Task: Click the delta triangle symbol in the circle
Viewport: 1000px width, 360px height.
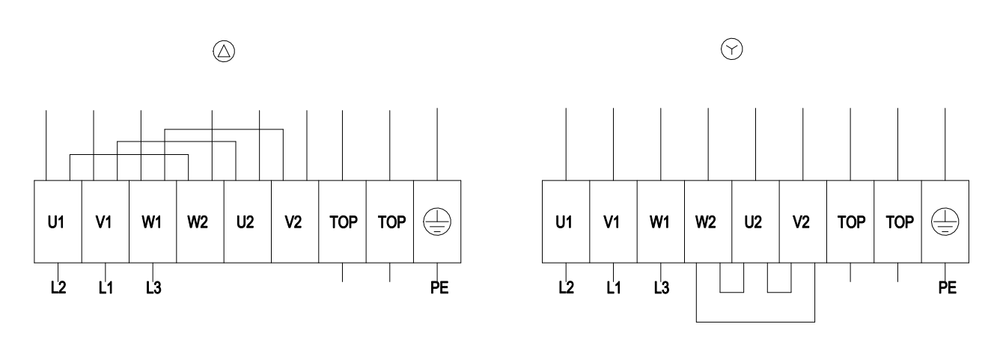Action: coord(224,52)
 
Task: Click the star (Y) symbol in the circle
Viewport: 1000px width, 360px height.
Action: coord(732,49)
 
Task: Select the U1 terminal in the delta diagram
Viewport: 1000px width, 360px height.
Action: coord(58,222)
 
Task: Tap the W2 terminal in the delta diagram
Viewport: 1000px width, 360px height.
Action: coord(200,222)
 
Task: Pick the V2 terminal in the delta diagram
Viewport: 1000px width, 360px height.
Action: coord(295,222)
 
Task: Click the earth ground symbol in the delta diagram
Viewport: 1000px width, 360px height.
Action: coord(437,222)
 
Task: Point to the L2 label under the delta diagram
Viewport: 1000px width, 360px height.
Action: coord(58,287)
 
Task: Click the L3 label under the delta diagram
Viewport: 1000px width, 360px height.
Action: coord(153,287)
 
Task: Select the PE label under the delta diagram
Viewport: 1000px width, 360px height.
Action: coord(439,287)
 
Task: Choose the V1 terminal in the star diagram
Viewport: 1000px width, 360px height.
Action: coord(613,222)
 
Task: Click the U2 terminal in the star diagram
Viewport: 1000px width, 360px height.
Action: coord(755,222)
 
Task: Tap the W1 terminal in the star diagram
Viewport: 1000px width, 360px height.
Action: coord(661,222)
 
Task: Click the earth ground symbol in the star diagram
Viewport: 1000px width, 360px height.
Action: coord(945,222)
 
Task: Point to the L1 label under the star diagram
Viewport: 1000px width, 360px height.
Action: coord(614,287)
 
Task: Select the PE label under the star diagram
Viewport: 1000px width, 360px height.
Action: coord(948,287)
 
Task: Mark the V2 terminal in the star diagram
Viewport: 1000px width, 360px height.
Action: coord(803,222)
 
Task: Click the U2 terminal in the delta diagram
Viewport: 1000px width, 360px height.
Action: coord(247,222)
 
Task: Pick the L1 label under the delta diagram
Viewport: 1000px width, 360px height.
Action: coord(106,287)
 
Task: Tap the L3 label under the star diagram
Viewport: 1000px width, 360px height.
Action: coord(662,287)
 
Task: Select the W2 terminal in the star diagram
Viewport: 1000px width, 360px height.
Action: coord(708,222)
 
